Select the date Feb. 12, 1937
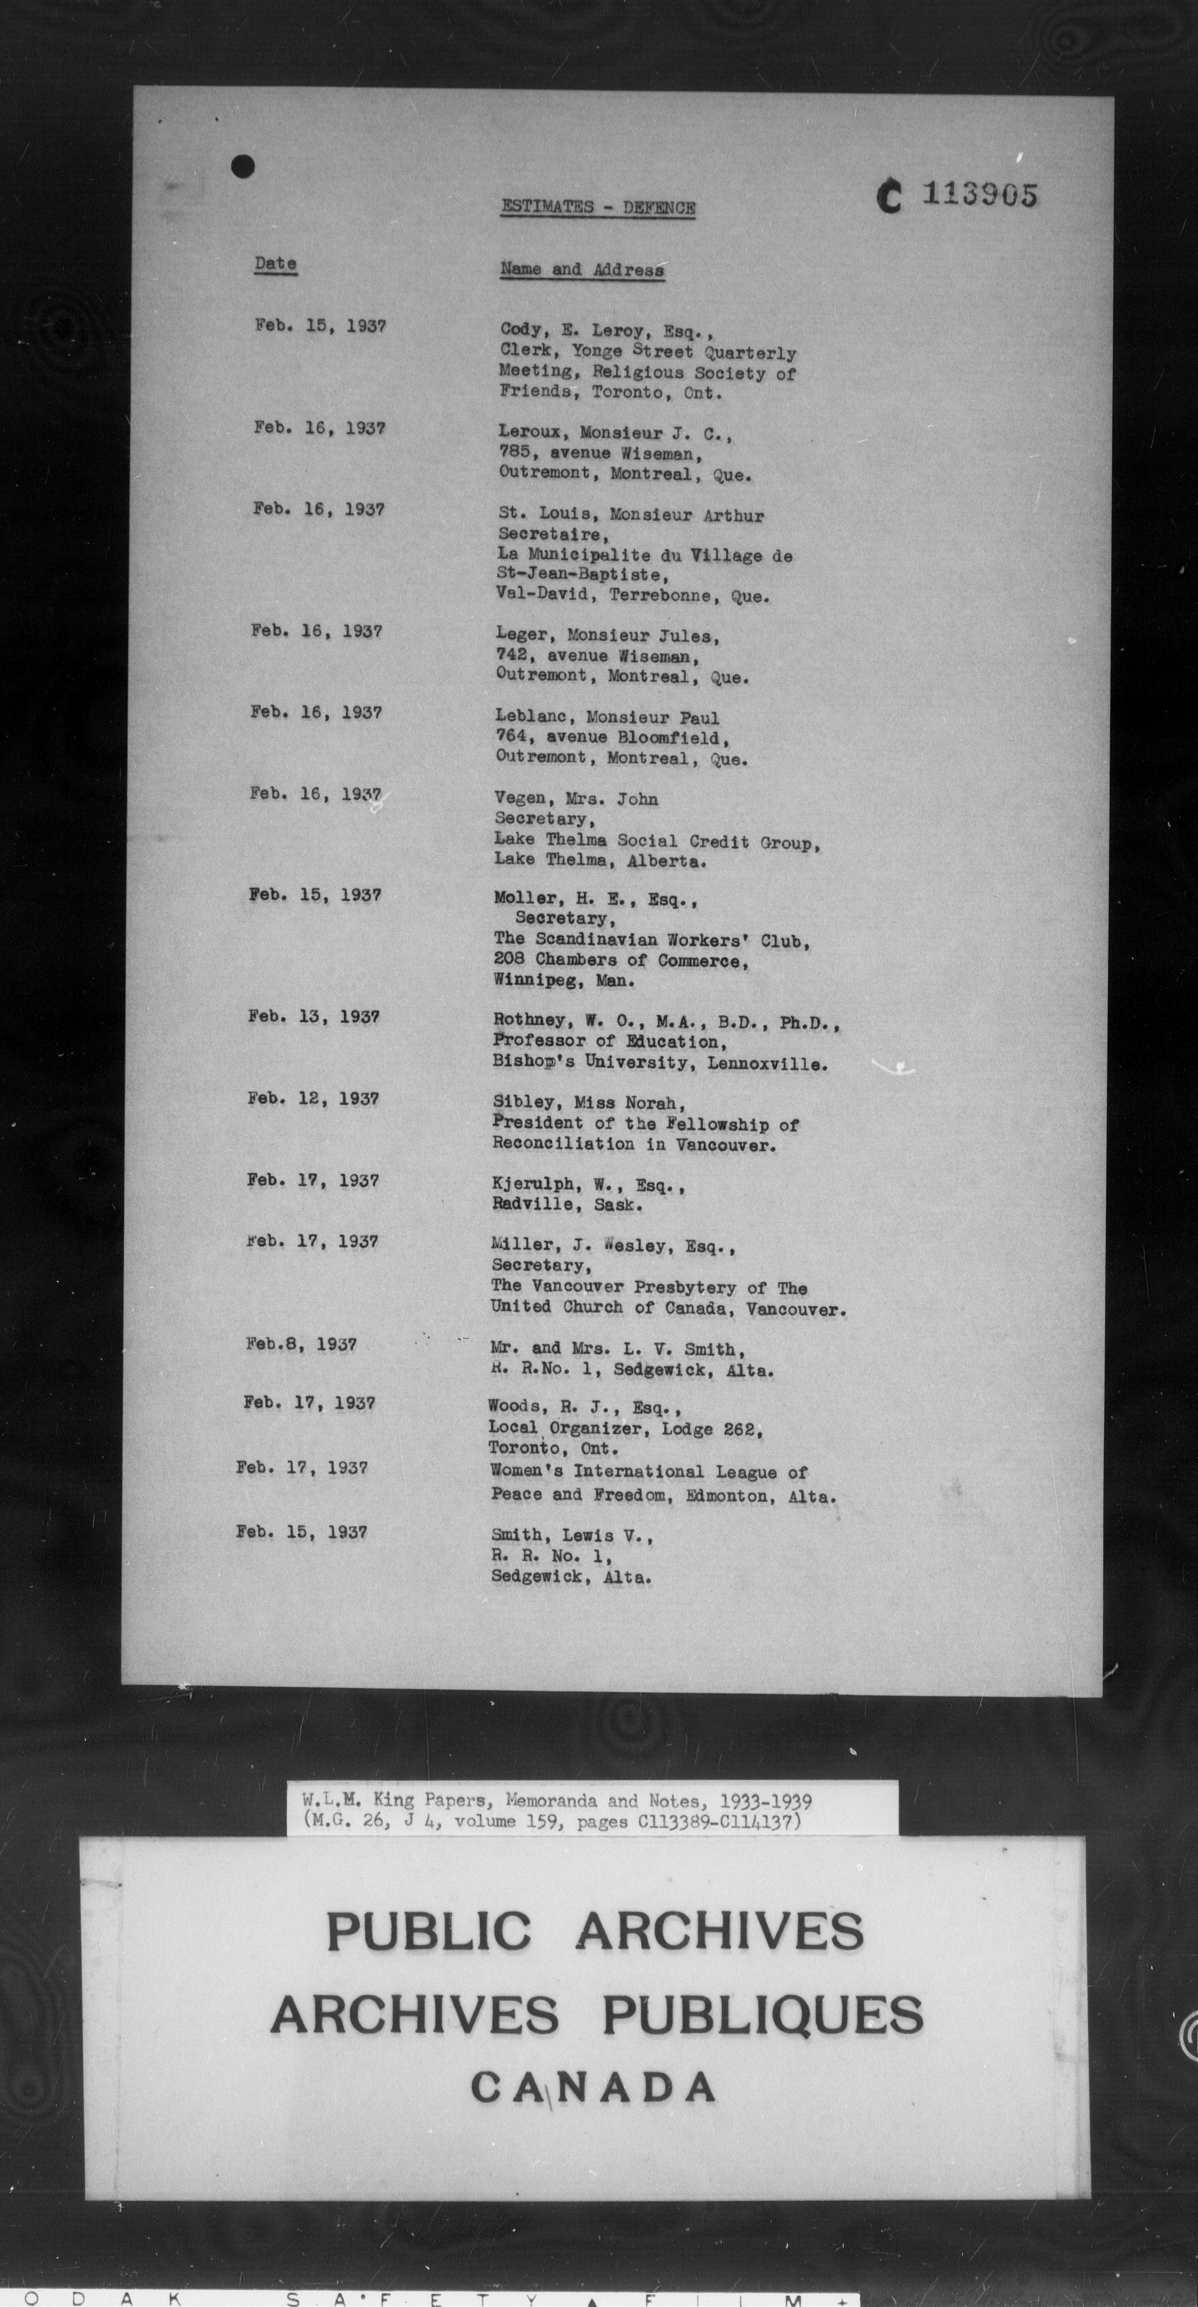(x=314, y=1099)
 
